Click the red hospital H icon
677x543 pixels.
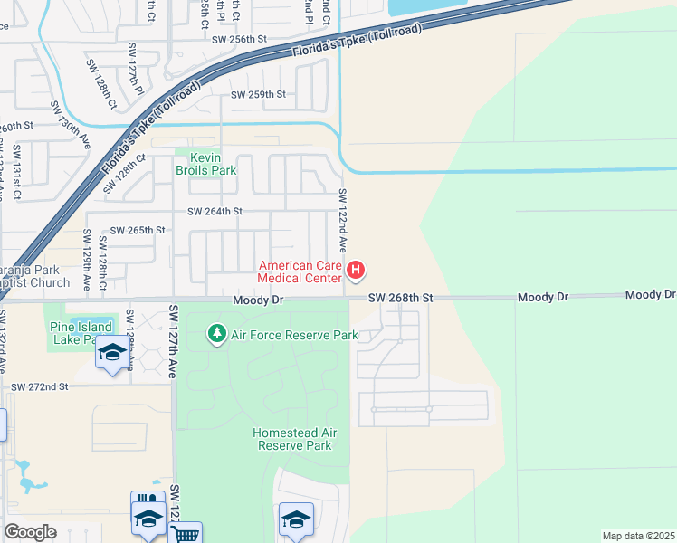[357, 270]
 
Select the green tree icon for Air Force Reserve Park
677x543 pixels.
[216, 335]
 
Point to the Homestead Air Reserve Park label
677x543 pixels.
[294, 439]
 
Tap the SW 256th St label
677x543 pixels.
[240, 40]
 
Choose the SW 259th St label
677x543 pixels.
[258, 94]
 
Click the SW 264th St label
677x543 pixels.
[215, 212]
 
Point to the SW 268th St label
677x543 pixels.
[401, 298]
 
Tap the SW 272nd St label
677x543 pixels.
[40, 386]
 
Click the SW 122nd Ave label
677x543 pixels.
[343, 220]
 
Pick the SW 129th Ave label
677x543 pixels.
[88, 260]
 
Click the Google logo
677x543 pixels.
[30, 532]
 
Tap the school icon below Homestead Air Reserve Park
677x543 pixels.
[295, 519]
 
